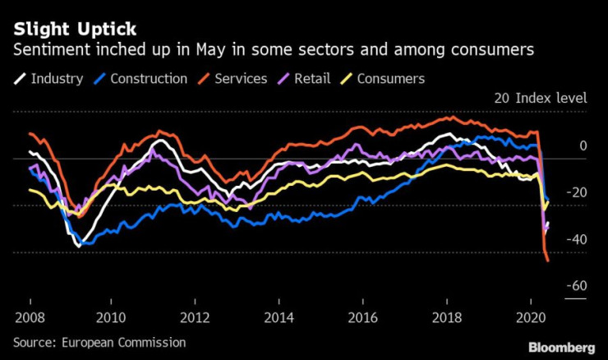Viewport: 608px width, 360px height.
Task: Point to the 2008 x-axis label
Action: [30, 316]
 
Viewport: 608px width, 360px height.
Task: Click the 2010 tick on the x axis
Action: [112, 316]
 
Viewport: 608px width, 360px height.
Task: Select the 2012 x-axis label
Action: [196, 316]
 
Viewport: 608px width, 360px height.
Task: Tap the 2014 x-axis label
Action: [279, 316]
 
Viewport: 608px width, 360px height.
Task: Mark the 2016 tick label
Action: [363, 316]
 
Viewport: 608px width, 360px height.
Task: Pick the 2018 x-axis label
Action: [447, 316]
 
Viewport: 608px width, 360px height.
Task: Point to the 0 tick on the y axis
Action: [583, 145]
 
